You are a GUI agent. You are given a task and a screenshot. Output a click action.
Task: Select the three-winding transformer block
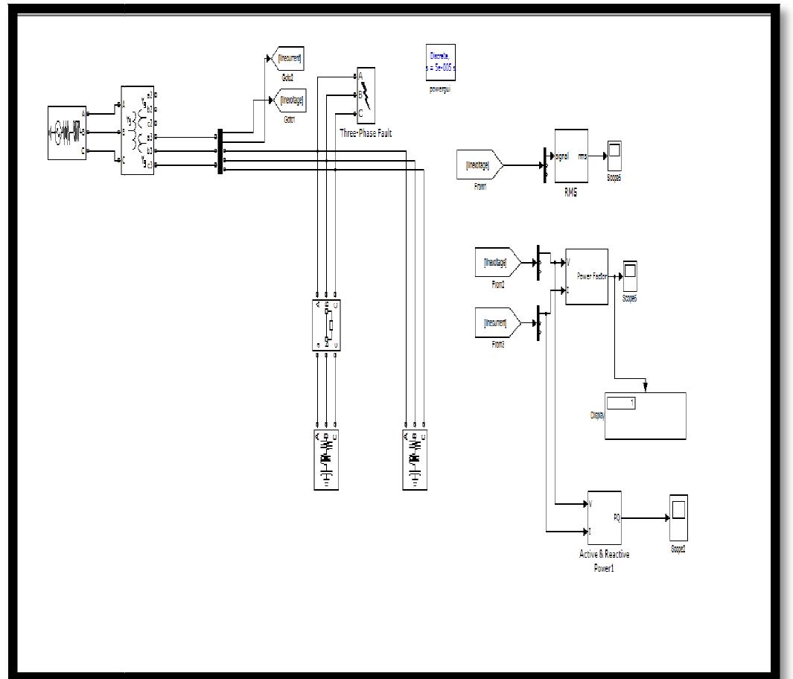(138, 130)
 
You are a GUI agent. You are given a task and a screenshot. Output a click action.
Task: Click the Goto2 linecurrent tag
(289, 58)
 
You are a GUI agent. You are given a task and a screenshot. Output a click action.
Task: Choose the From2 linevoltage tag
(497, 263)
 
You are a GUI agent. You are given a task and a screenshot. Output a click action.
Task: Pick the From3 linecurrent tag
(497, 323)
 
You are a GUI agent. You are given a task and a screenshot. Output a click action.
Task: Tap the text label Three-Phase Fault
(365, 134)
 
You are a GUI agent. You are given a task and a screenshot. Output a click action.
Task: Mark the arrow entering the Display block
(645, 386)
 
